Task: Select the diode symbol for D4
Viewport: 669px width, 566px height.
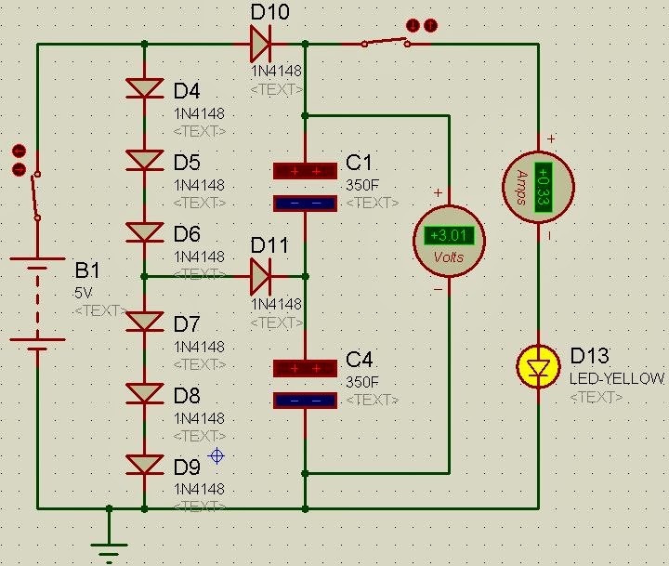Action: [144, 88]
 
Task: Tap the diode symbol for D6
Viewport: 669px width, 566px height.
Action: [144, 232]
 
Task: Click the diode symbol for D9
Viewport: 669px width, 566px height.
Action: [144, 464]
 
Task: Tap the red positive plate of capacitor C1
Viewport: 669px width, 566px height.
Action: [305, 171]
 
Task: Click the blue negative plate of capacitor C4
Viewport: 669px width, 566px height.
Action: [305, 401]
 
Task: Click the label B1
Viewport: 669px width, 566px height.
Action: [86, 271]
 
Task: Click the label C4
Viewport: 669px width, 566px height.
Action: [359, 360]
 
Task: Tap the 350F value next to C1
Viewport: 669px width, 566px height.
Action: [362, 184]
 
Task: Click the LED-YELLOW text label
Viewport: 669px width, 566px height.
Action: [617, 378]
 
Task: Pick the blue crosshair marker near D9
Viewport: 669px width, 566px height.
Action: [216, 455]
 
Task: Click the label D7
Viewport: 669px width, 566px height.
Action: [186, 324]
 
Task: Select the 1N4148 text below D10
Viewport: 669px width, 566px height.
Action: [276, 71]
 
